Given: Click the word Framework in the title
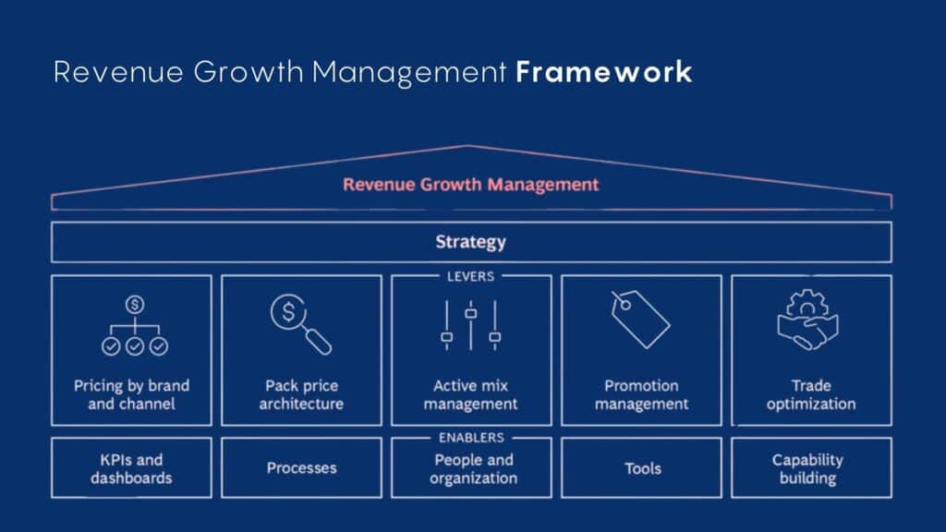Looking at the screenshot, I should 603,72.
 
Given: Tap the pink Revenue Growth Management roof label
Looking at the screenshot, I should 470,184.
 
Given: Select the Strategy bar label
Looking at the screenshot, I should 470,242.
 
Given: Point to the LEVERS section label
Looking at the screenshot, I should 470,275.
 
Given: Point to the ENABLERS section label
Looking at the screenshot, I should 470,437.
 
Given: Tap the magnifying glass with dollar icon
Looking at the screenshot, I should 300,323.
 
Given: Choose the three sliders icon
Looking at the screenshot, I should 470,325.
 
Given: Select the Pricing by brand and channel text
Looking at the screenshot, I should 130,394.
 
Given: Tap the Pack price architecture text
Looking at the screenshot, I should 301,394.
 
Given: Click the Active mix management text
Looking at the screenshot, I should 470,394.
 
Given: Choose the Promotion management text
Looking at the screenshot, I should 641,394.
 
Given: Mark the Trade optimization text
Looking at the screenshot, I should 810,394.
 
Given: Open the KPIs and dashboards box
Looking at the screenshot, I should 130,468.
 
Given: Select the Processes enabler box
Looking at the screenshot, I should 301,468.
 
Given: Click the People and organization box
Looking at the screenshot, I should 471,468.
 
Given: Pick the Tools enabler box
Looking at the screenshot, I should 641,468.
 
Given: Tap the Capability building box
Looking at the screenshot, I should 810,468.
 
